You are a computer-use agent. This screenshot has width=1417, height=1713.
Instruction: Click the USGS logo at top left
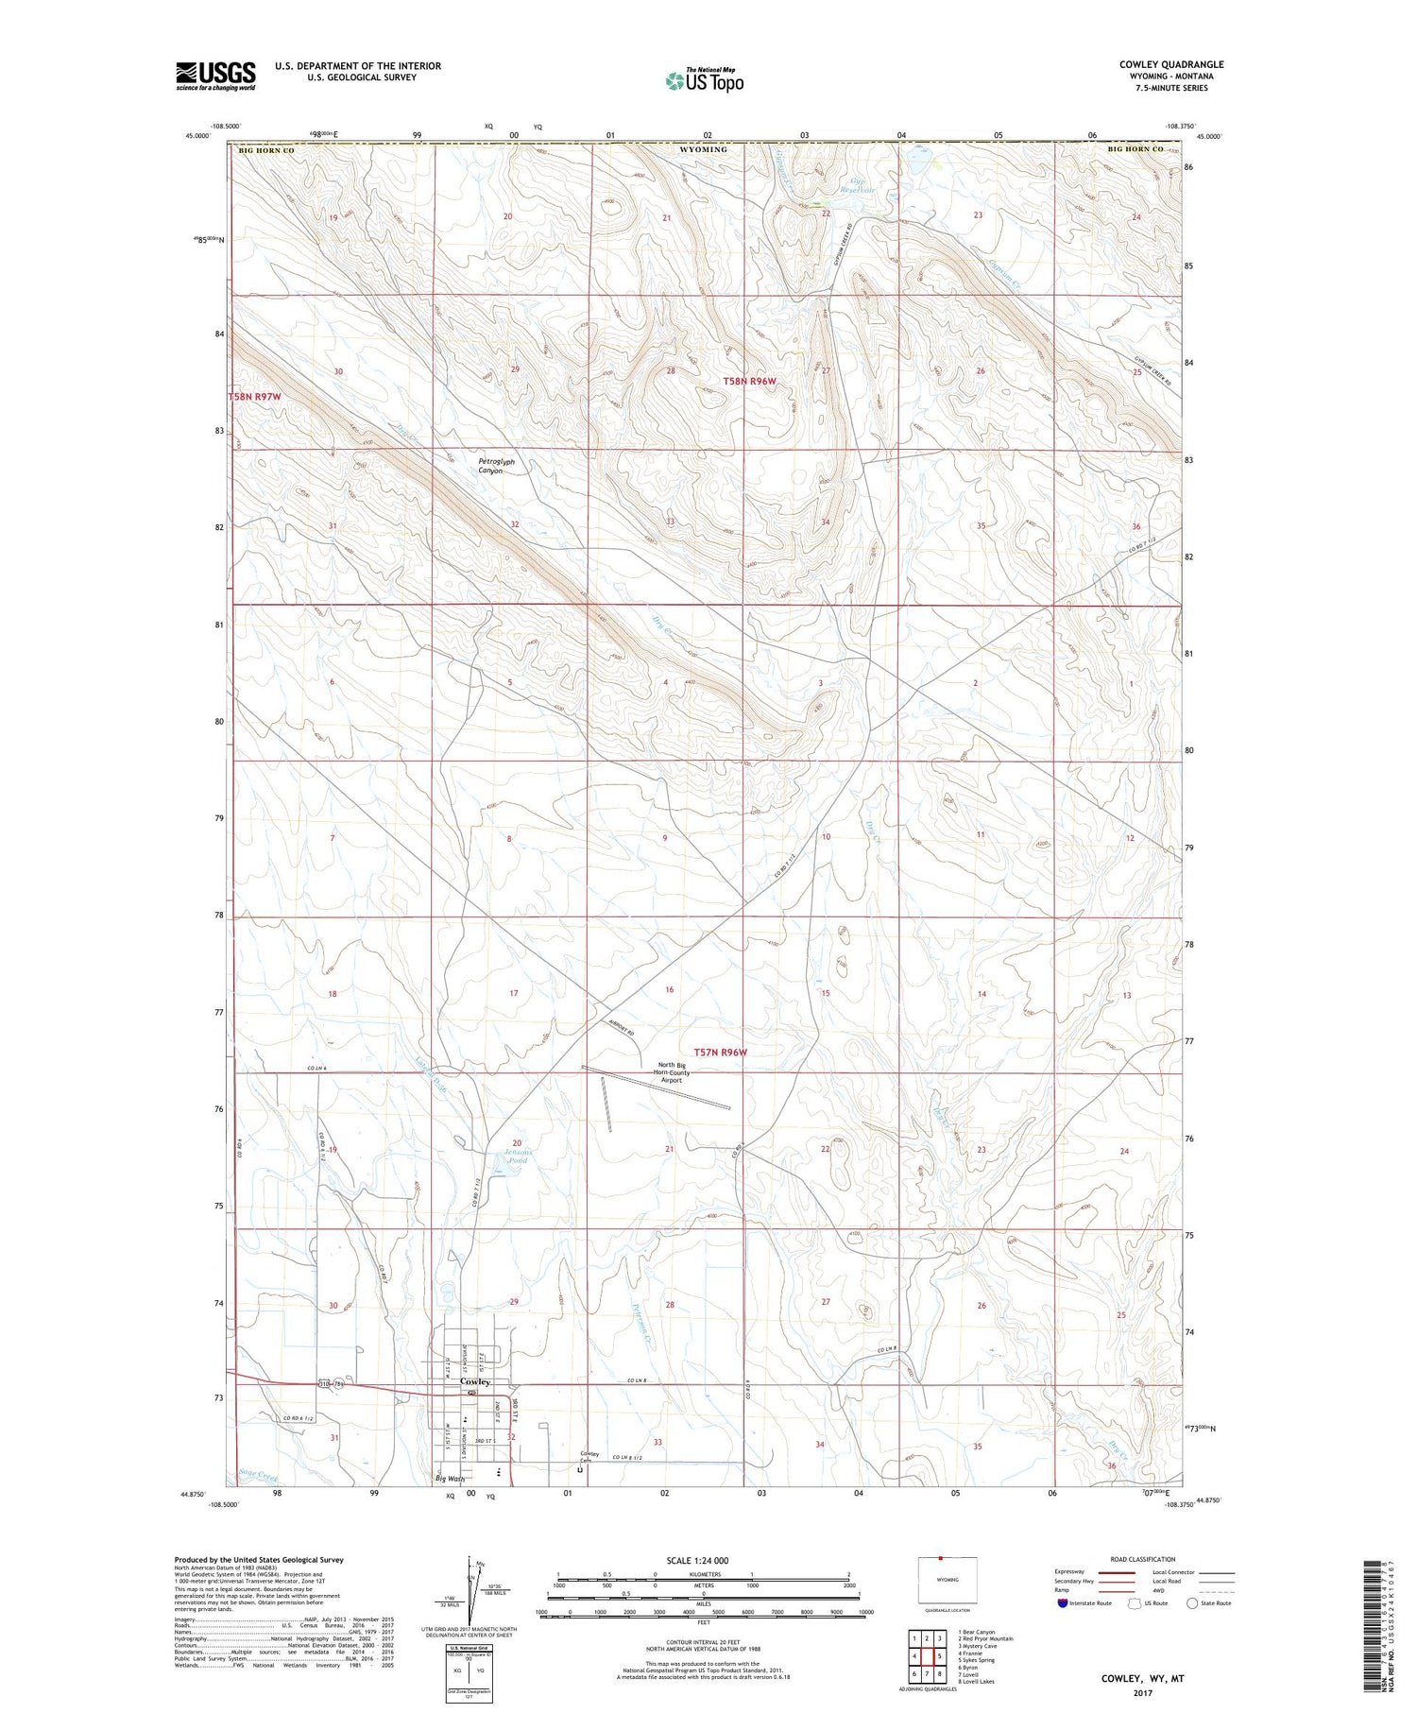click(x=215, y=76)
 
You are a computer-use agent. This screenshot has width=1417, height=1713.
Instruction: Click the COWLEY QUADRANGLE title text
click(x=1170, y=64)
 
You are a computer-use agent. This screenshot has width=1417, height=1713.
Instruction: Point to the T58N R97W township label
click(x=255, y=398)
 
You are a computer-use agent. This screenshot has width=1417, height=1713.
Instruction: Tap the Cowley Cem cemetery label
click(x=589, y=1456)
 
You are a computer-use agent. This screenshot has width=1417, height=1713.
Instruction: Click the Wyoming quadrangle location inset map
click(x=947, y=1581)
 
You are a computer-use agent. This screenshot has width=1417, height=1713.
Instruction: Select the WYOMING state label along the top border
click(x=704, y=149)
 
